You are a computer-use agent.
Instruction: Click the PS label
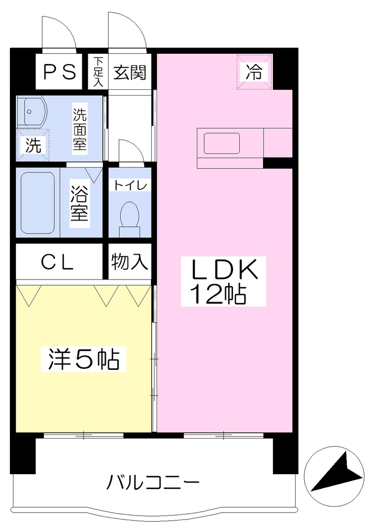59,72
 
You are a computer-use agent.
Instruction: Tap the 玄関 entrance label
130,72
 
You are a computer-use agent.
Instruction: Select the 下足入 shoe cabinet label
98,72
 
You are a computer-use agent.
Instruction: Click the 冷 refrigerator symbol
254,71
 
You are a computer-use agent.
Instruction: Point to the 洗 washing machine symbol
33,145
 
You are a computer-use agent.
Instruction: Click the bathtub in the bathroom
37,203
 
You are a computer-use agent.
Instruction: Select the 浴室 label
79,204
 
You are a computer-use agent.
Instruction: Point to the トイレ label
130,185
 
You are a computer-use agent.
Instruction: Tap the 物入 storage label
130,261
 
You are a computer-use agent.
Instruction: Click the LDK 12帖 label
223,281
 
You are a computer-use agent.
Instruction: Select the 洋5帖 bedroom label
83,359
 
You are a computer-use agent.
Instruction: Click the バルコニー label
153,482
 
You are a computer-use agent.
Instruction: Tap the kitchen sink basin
222,144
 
